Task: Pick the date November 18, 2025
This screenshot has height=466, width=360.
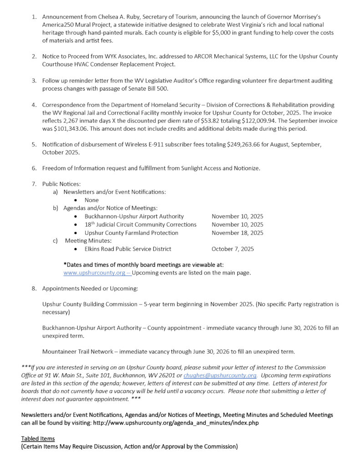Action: (237, 233)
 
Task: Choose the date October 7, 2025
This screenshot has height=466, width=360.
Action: (233, 249)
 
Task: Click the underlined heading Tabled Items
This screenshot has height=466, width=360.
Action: (38, 438)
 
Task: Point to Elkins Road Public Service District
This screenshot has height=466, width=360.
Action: (128, 249)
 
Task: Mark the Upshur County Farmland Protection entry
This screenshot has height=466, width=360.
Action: (132, 233)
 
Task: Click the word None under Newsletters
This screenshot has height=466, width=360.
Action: (91, 200)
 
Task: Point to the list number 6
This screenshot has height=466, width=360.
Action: (34, 168)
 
